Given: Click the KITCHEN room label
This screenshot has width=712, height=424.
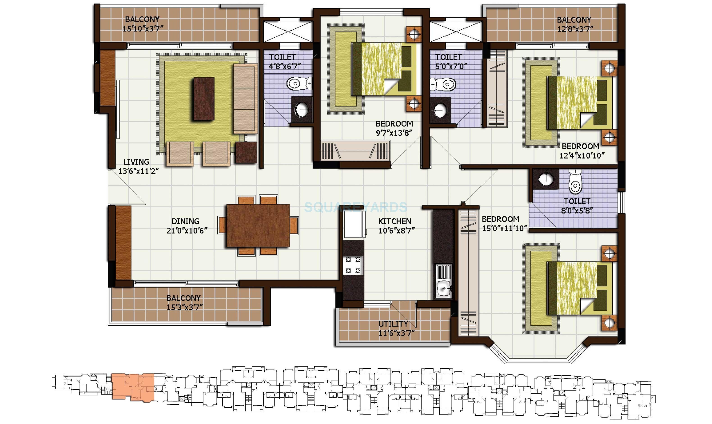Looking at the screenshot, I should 395,221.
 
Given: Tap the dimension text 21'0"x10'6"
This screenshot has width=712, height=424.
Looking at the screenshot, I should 187,231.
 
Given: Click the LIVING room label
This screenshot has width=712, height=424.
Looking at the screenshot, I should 136,162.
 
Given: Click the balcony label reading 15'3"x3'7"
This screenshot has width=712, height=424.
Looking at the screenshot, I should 184,307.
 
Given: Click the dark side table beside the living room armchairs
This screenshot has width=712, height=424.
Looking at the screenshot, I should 246,153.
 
